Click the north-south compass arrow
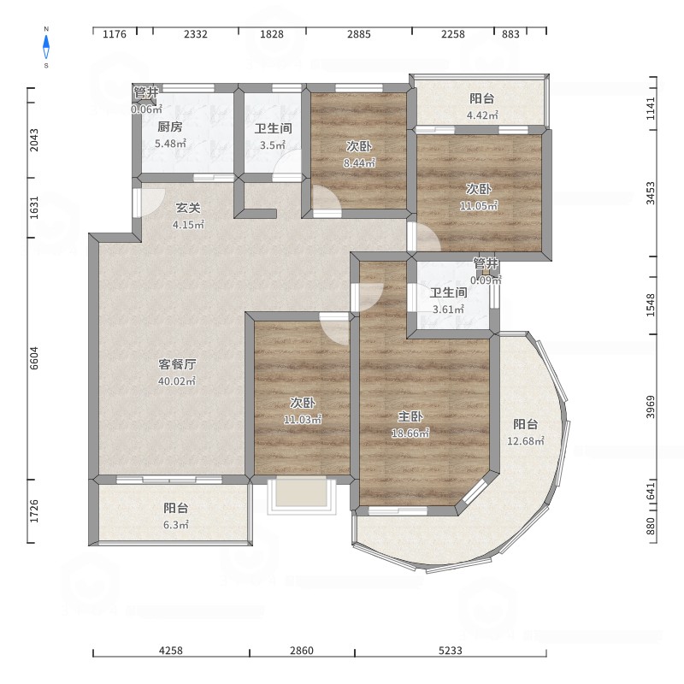46,47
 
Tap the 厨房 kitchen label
169,127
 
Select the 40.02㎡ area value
177,380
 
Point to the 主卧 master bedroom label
410,416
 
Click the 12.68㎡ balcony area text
526,440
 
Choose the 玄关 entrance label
188,208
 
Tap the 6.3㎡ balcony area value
176,525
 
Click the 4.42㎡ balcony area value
482,115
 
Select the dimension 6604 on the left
34,358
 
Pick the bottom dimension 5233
451,651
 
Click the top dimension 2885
359,34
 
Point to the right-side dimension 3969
651,407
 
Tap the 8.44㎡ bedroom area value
359,162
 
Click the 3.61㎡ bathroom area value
448,310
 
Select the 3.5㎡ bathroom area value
273,144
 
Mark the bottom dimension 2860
302,651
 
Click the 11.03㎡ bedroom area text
303,420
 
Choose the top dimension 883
510,34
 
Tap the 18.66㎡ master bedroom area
410,433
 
